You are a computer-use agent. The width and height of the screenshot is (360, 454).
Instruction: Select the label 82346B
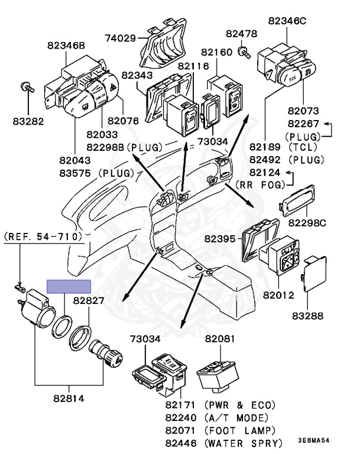coord(66,45)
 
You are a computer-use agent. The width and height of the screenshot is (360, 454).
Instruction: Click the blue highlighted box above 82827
coord(69,287)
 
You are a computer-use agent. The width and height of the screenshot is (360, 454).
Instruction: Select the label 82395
coord(220,239)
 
